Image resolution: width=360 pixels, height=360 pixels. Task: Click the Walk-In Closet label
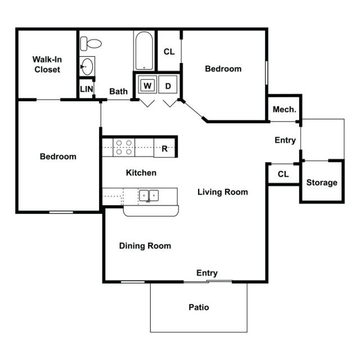(47, 64)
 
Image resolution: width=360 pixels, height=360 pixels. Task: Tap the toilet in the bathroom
(91, 43)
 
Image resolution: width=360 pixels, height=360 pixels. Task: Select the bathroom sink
(86, 67)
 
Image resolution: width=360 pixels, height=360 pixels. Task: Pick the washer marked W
(147, 85)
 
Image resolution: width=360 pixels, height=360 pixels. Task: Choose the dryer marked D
(168, 85)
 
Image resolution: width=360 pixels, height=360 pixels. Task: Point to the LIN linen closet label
(86, 89)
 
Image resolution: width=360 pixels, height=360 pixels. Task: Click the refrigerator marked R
(165, 148)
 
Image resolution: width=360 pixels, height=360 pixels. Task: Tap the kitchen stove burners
(124, 147)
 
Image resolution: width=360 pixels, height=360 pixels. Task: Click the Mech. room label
(284, 109)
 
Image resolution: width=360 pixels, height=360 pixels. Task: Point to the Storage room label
(322, 182)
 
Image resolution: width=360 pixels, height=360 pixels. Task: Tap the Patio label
(199, 307)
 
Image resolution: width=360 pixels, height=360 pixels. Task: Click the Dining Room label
(145, 246)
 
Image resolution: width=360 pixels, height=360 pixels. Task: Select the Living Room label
(223, 192)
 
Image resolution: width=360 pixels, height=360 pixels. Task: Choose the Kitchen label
(141, 173)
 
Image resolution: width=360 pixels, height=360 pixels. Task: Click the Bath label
(118, 91)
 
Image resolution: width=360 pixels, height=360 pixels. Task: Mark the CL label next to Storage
(283, 174)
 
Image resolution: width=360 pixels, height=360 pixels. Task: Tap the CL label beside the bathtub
(169, 51)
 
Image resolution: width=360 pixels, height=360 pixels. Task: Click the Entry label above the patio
(207, 273)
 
